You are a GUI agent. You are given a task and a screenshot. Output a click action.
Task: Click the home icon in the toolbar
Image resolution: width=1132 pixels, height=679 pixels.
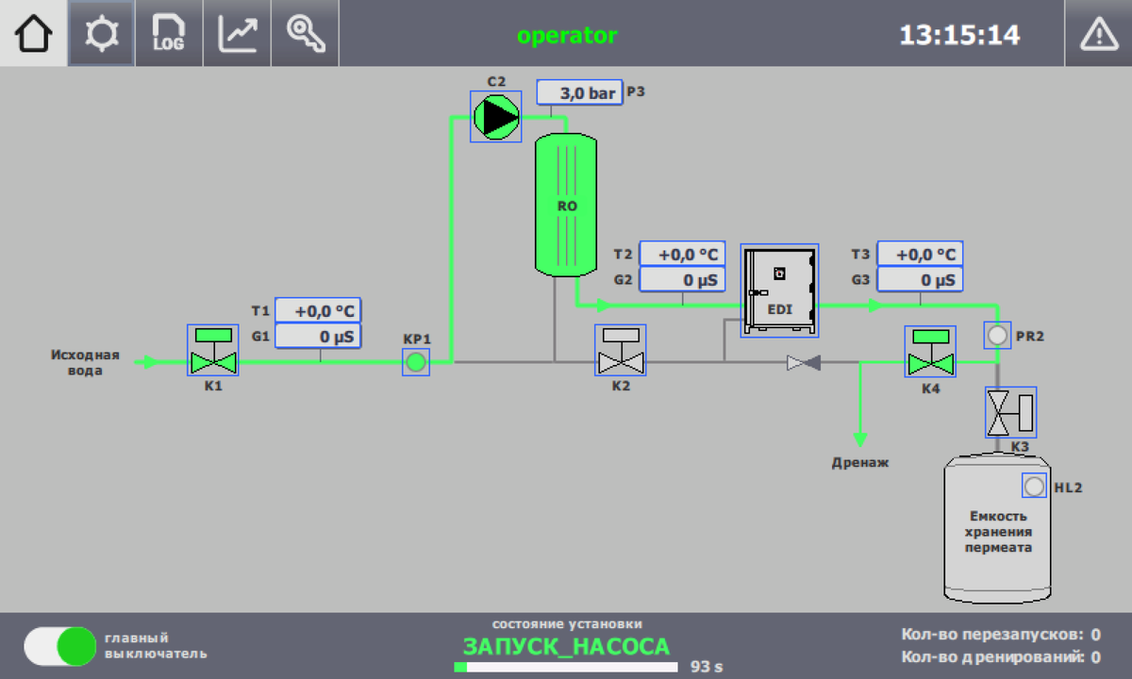pos(33,33)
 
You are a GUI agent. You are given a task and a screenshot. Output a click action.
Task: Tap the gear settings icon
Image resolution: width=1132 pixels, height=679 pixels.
pos(102,33)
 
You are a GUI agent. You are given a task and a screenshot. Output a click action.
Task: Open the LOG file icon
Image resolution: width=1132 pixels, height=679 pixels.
pos(169,33)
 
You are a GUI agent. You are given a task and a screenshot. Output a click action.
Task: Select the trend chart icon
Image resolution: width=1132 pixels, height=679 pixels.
pos(237,33)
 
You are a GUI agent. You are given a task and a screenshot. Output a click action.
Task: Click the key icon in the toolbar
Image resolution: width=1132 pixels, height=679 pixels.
pos(306,33)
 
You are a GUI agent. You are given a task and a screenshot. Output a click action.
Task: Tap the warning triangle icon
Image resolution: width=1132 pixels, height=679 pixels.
pos(1099,34)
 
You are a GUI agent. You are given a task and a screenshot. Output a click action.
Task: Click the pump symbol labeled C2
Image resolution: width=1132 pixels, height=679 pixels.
pos(496,117)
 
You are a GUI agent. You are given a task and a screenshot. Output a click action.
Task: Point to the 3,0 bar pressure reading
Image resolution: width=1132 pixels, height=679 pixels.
pos(579,92)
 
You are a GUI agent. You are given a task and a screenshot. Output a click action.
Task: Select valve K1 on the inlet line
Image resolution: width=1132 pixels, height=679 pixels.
pos(213,350)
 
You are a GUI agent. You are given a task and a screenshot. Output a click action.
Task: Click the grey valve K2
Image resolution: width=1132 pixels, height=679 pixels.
pos(621,350)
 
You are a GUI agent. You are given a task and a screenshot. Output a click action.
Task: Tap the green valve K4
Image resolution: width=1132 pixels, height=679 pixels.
pos(930,352)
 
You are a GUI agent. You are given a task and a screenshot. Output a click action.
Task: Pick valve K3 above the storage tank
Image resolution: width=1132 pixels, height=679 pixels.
pos(1010,412)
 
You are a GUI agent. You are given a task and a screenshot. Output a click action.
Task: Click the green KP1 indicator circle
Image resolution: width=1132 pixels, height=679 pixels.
pos(416,362)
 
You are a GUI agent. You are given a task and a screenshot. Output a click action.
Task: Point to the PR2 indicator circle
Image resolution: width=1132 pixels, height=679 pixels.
pos(998,336)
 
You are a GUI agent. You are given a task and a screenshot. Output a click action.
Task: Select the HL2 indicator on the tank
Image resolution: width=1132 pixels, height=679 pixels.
pos(1034,486)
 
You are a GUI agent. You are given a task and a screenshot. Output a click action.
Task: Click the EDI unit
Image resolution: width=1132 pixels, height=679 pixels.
pos(780,290)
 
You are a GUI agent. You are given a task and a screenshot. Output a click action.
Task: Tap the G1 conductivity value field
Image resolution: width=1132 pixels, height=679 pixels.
pos(319,336)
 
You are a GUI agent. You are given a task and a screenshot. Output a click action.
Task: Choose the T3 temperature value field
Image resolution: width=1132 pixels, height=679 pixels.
pos(921,254)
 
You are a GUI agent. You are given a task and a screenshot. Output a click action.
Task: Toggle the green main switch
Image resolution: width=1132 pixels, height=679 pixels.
pos(60,646)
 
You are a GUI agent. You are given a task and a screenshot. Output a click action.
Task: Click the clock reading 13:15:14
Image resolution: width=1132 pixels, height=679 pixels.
pos(960,36)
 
